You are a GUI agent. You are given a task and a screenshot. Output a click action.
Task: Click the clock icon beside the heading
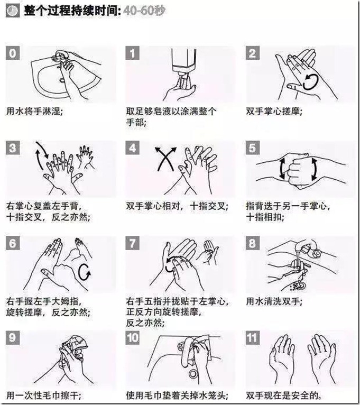click(12, 11)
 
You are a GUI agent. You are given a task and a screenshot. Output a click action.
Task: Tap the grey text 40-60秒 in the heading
click(144, 11)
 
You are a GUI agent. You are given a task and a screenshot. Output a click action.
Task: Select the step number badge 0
click(12, 53)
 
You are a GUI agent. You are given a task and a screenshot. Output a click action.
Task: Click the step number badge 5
click(252, 148)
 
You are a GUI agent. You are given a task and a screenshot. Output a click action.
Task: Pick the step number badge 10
click(133, 337)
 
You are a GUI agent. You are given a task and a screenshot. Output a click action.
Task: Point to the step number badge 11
click(252, 337)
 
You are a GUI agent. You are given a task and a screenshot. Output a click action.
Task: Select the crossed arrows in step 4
click(165, 159)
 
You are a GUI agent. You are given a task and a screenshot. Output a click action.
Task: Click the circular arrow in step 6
click(85, 272)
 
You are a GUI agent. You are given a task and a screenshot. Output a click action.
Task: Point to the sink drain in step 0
click(62, 80)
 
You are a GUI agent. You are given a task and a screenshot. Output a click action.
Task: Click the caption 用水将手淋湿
click(34, 112)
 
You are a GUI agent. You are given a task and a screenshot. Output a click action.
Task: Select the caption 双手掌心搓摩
click(274, 112)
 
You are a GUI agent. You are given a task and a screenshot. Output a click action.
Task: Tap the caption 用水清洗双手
click(274, 301)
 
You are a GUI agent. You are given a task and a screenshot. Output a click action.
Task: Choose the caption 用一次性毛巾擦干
click(44, 395)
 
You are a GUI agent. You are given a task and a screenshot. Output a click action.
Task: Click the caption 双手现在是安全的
click(283, 395)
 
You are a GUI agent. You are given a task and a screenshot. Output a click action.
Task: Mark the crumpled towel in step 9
click(76, 345)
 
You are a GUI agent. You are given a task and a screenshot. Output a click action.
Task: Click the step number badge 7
click(133, 243)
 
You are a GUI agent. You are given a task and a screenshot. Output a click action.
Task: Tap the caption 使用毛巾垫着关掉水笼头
click(177, 395)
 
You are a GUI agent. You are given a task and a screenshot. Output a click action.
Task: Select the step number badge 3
click(12, 148)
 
